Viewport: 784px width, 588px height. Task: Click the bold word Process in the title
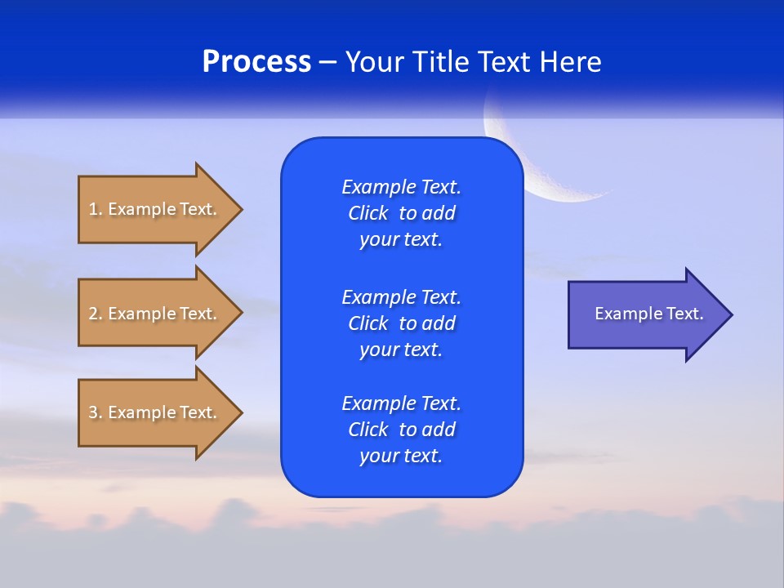point(256,62)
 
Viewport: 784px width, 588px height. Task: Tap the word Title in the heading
point(443,62)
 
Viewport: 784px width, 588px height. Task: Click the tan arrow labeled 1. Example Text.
point(155,209)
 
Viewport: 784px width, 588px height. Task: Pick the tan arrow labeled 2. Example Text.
point(155,314)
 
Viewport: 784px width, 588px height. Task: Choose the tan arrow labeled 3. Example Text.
point(155,412)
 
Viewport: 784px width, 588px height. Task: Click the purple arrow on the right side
point(645,314)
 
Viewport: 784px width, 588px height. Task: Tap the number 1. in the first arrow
point(96,209)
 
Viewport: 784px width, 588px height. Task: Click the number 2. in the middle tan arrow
point(96,314)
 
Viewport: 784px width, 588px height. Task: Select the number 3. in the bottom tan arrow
point(96,412)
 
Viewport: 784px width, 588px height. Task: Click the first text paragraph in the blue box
point(401,213)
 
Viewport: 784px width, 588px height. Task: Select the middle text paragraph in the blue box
point(401,323)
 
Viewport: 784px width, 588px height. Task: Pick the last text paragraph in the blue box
point(401,430)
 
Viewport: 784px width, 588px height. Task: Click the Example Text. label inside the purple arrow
point(648,314)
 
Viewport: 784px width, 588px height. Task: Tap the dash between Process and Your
point(327,63)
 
